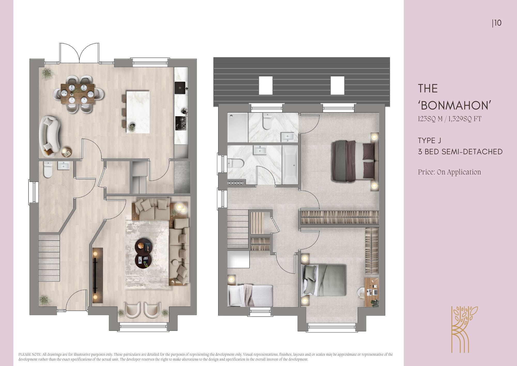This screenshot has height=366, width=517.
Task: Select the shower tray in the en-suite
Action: (x=238, y=127)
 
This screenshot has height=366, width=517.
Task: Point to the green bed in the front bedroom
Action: (x=325, y=280)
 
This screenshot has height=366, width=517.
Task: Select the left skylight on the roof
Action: (x=266, y=86)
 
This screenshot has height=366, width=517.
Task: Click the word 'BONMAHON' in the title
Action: (x=455, y=105)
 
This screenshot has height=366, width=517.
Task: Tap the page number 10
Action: (x=498, y=23)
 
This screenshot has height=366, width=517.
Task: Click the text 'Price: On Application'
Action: (x=450, y=172)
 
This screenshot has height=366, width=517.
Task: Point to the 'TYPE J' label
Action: (x=429, y=141)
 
